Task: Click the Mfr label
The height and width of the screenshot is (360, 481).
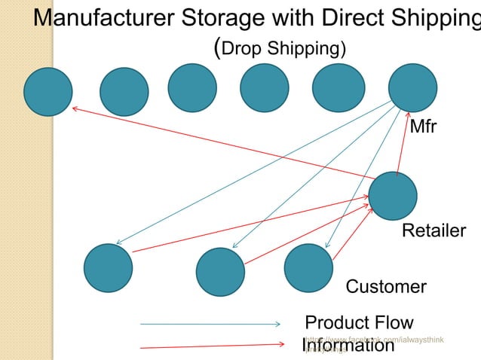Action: point(423,126)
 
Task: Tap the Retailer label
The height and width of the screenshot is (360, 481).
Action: point(434,230)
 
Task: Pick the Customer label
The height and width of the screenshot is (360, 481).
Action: point(385,287)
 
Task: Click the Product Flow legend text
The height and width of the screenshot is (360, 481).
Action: point(348,323)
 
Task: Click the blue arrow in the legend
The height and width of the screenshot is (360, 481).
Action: point(210,324)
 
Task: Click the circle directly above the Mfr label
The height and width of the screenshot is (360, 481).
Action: point(412,87)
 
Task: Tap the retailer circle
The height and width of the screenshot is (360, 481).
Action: point(393,196)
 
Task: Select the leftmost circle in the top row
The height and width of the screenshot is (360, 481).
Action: point(48,92)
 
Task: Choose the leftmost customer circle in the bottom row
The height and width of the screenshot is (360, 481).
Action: point(108,268)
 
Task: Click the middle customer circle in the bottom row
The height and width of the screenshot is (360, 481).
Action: point(220,272)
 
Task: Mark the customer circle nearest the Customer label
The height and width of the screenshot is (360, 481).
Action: point(308,268)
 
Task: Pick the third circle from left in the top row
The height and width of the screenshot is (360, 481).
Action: point(192,87)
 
